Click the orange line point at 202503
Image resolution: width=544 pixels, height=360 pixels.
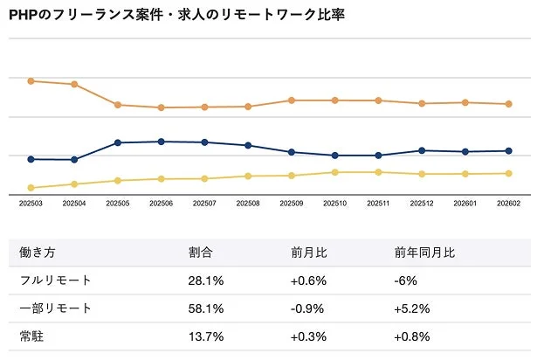[31, 81]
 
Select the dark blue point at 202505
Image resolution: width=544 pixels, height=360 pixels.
[118, 142]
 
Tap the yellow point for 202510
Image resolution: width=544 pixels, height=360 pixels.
[334, 172]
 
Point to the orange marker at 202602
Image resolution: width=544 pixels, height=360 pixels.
[508, 104]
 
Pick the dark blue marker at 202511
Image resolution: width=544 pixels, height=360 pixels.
[378, 156]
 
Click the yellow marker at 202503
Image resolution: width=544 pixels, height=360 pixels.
[31, 188]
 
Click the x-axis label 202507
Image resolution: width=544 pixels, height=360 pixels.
[204, 204]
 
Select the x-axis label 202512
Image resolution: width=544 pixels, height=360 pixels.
[422, 204]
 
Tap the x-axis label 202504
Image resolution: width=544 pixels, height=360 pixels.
[74, 204]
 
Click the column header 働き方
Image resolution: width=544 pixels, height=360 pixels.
[38, 253]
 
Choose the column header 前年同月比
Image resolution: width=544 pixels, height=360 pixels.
[424, 253]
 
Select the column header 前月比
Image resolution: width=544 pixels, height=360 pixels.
[309, 253]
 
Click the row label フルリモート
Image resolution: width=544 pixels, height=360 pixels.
[55, 280]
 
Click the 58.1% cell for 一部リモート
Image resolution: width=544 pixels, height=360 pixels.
[206, 308]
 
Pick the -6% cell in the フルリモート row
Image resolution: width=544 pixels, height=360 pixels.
[406, 280]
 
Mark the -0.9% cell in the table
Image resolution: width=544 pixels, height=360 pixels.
[308, 308]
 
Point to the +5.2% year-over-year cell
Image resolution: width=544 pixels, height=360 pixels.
[413, 308]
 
